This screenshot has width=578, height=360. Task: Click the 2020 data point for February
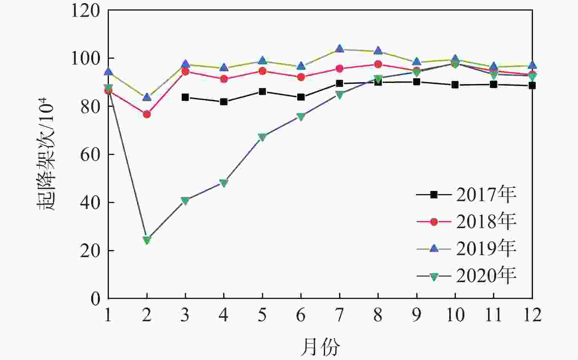coord(147,240)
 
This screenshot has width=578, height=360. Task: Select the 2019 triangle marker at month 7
coord(340,49)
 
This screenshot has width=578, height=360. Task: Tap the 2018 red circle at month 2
coord(147,114)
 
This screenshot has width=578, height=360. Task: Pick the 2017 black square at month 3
coord(185,97)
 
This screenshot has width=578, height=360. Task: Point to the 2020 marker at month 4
coord(224,183)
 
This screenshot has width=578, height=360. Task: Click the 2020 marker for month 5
coord(262,137)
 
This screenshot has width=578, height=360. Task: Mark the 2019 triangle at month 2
coord(147,97)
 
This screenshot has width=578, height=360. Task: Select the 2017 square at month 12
coord(532,85)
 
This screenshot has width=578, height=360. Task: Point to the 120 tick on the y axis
coord(85,11)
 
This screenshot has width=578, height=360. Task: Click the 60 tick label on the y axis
coord(90,155)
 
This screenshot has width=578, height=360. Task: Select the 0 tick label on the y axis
coord(96,299)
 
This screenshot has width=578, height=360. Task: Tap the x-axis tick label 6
coord(301,315)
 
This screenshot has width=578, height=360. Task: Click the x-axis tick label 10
coord(455,315)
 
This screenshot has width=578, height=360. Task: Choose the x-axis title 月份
coord(320,346)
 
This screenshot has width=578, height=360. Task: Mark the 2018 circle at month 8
coord(378,64)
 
